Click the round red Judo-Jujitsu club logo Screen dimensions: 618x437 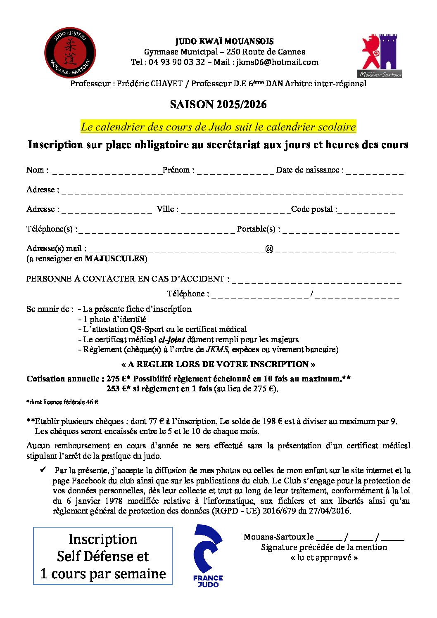pos(70,53)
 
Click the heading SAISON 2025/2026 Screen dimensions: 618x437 pos(218,104)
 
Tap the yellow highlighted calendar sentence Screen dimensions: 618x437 pos(218,127)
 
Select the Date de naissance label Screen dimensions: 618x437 pos(309,170)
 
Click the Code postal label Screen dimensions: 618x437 pos(313,209)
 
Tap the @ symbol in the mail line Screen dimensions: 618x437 pos(269,249)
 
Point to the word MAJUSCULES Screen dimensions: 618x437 pos(114,259)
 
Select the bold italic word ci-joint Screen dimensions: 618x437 pos(171,340)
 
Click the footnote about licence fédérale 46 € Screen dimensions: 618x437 pos(62,402)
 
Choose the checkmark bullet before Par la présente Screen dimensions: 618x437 pos(43,470)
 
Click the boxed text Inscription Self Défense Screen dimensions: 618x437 pos(103,556)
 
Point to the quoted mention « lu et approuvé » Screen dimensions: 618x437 pos(324,558)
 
